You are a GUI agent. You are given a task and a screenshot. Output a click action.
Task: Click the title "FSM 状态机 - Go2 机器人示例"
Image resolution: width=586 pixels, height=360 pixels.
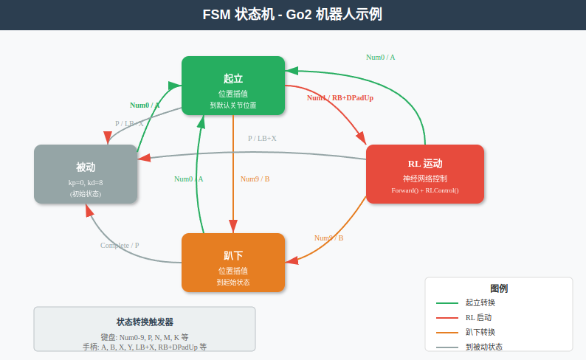point(292,15)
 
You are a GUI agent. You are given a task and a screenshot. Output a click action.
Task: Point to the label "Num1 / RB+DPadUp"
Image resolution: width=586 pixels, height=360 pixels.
point(340,97)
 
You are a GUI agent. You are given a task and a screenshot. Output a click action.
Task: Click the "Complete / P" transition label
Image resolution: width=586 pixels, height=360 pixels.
point(120,245)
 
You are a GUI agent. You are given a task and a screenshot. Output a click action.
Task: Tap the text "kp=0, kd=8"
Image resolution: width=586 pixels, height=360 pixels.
point(86,182)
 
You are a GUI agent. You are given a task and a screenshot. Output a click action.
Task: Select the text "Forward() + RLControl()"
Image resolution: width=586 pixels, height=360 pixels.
point(424,190)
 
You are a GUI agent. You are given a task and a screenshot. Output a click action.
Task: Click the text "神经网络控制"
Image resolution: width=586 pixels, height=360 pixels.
point(424,179)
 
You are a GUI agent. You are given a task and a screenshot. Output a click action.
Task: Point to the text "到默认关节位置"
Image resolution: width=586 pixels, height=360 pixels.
point(233,105)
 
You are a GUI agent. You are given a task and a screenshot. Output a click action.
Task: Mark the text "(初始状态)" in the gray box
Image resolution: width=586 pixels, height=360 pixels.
point(86,194)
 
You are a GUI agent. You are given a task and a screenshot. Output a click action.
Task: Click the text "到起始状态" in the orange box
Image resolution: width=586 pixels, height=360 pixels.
point(233,283)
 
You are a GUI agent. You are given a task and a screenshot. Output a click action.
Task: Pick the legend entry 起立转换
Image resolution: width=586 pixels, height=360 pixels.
point(480,302)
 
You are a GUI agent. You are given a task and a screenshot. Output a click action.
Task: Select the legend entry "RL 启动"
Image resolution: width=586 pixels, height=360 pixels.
point(478,317)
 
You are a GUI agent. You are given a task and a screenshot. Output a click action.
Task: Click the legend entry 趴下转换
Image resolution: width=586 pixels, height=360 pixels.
point(480,332)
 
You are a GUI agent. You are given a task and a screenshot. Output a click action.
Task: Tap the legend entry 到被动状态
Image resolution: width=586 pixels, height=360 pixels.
point(483,347)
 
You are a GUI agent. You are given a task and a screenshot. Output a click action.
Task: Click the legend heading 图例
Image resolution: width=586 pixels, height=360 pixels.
point(499,288)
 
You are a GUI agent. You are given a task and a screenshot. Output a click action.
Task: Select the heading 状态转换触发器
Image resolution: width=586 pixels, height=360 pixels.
point(145,322)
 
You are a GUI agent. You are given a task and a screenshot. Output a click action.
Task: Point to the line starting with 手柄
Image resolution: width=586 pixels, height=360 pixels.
point(145,347)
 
